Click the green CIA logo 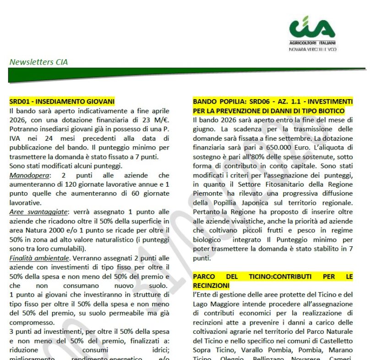(312, 28)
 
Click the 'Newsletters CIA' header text (38, 62)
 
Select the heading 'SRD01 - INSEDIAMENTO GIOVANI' (62, 101)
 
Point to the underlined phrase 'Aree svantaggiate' (36, 212)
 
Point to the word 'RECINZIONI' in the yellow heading (211, 285)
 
